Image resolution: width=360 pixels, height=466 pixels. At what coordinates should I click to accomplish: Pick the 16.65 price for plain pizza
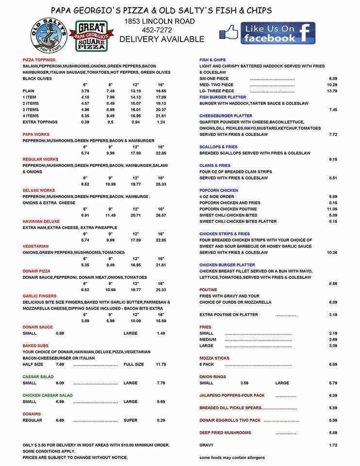161,91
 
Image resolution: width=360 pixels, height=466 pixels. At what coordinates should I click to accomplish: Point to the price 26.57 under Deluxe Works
161,215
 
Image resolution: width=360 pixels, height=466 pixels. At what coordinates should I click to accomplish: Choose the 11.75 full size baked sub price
161,364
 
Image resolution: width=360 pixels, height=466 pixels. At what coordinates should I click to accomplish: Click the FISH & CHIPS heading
213,60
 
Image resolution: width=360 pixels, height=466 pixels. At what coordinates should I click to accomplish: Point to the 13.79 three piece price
332,91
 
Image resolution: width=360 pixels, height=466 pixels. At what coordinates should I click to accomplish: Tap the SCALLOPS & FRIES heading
218,147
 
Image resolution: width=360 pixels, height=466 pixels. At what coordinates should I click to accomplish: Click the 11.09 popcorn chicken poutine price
332,209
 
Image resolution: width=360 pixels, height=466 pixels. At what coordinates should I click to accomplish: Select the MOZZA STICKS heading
214,358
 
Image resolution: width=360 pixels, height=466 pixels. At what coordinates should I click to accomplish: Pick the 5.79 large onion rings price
333,383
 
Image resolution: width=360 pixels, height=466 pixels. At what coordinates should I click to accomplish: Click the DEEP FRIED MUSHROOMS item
225,433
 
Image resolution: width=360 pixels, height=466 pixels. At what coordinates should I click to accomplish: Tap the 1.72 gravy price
333,445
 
